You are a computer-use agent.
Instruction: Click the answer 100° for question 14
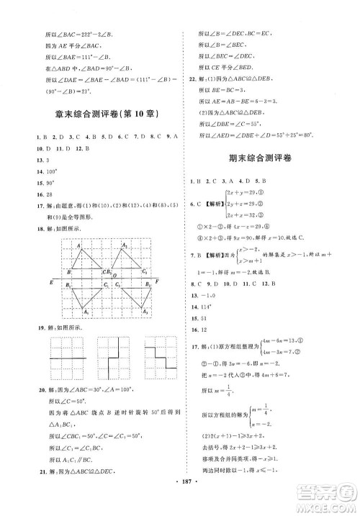point(50,173)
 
